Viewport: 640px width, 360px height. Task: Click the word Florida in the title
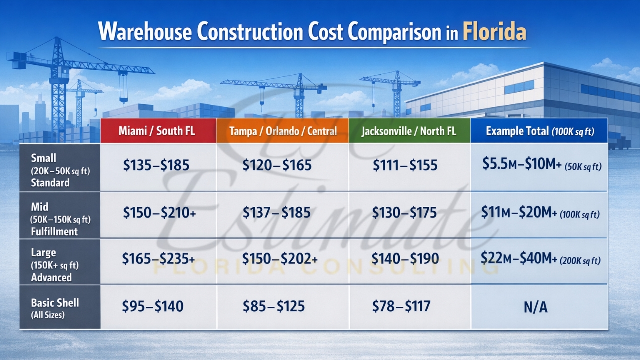(494, 32)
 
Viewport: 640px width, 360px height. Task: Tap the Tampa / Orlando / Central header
(283, 131)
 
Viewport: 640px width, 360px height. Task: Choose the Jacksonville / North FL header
(409, 131)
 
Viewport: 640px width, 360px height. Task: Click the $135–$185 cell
(156, 165)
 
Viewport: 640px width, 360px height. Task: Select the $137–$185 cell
(276, 213)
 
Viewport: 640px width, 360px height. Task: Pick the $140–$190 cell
(405, 258)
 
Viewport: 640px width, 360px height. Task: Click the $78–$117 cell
(401, 306)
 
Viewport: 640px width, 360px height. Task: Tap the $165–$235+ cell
(158, 258)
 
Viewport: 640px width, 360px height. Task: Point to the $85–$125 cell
(273, 306)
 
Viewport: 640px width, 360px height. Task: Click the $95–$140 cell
(153, 306)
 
